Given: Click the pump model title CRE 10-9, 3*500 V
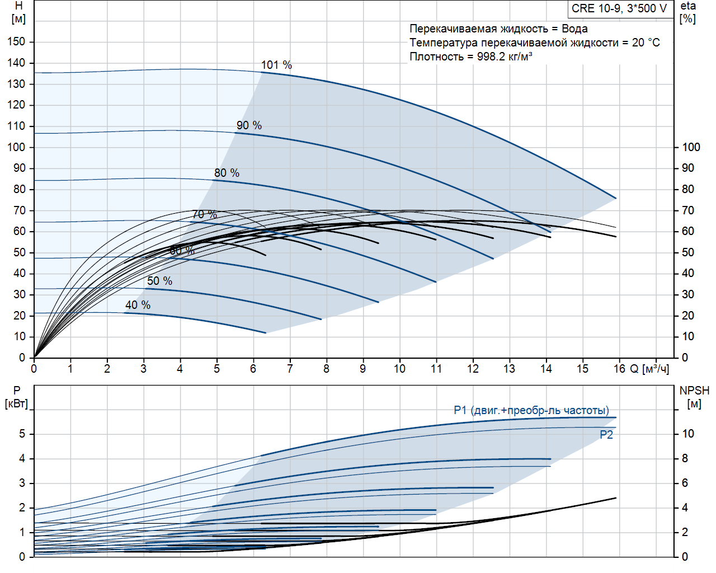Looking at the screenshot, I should point(619,8).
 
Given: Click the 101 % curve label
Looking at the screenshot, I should point(276,65).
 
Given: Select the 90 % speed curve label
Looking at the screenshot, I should point(249,125).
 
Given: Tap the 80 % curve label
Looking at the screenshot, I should point(227,173).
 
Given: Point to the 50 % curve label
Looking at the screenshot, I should point(159,281).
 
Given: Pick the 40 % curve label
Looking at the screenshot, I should point(138,305).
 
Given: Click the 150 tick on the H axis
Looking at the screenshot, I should point(17,41).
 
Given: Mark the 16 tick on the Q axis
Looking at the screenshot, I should point(619,369).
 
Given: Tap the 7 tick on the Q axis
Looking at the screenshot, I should point(290,369).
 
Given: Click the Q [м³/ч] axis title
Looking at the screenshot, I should point(649,369).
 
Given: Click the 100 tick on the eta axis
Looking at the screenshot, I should point(691,147).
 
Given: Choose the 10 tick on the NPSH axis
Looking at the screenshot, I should point(687,434).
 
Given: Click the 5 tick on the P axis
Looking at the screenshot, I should point(22,434).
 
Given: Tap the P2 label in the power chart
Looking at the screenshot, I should point(606,435).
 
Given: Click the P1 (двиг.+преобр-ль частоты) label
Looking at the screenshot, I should point(531,410).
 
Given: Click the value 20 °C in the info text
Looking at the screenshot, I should point(646,43).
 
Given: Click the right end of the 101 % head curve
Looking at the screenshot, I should point(615,198).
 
